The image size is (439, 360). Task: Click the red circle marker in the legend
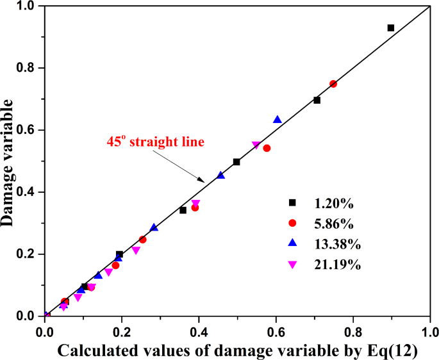tap(292, 223)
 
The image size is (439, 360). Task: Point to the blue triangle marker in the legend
tap(292, 243)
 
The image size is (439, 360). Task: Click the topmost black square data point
tap(391, 28)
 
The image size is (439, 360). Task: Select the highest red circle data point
tap(333, 84)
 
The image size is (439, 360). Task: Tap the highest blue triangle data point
tap(277, 120)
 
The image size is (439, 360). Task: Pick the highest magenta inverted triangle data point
tap(256, 145)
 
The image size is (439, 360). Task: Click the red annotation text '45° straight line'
tap(155, 142)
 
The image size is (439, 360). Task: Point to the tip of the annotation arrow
tap(204, 181)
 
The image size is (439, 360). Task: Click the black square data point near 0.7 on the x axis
tap(317, 100)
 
